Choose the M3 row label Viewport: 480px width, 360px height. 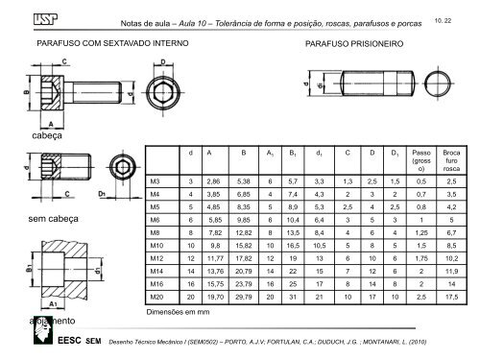(156, 178)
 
